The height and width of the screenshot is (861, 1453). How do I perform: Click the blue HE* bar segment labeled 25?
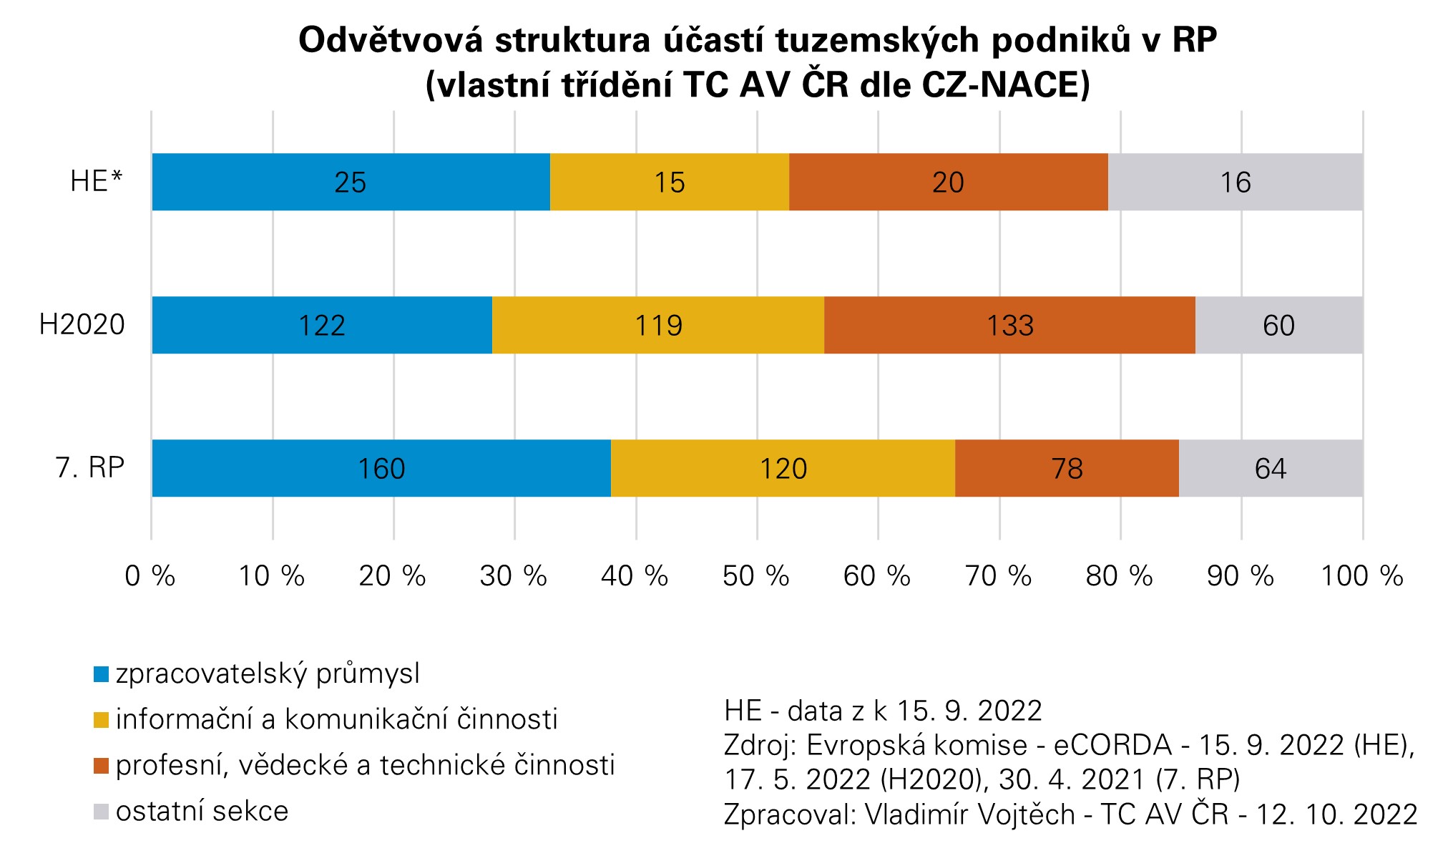click(351, 182)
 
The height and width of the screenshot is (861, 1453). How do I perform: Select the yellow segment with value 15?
click(670, 182)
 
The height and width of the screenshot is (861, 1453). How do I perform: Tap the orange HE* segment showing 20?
click(948, 182)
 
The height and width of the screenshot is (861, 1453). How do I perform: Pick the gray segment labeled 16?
click(1236, 182)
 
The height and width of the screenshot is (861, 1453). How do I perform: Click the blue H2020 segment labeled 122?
click(322, 325)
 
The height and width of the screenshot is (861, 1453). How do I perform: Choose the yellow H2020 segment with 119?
click(658, 325)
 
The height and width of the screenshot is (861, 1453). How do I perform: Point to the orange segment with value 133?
click(1009, 325)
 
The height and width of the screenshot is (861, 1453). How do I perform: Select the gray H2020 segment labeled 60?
click(1278, 325)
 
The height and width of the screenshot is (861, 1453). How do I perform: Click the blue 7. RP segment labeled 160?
click(381, 468)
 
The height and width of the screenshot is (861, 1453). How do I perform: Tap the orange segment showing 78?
click(1067, 468)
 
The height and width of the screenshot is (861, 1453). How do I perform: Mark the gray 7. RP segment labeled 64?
click(1271, 468)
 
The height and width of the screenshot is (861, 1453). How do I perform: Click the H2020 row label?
click(82, 325)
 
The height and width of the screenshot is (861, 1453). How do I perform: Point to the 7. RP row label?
click(90, 468)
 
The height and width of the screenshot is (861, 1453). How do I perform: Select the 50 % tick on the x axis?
click(756, 575)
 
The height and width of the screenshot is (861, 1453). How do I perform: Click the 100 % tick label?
click(1361, 575)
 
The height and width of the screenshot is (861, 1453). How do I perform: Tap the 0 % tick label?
click(150, 575)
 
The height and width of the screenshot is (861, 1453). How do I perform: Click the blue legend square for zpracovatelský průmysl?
click(102, 674)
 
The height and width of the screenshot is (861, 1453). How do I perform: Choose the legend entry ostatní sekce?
click(202, 812)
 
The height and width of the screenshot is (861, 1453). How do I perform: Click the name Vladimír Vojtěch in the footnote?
click(970, 814)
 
